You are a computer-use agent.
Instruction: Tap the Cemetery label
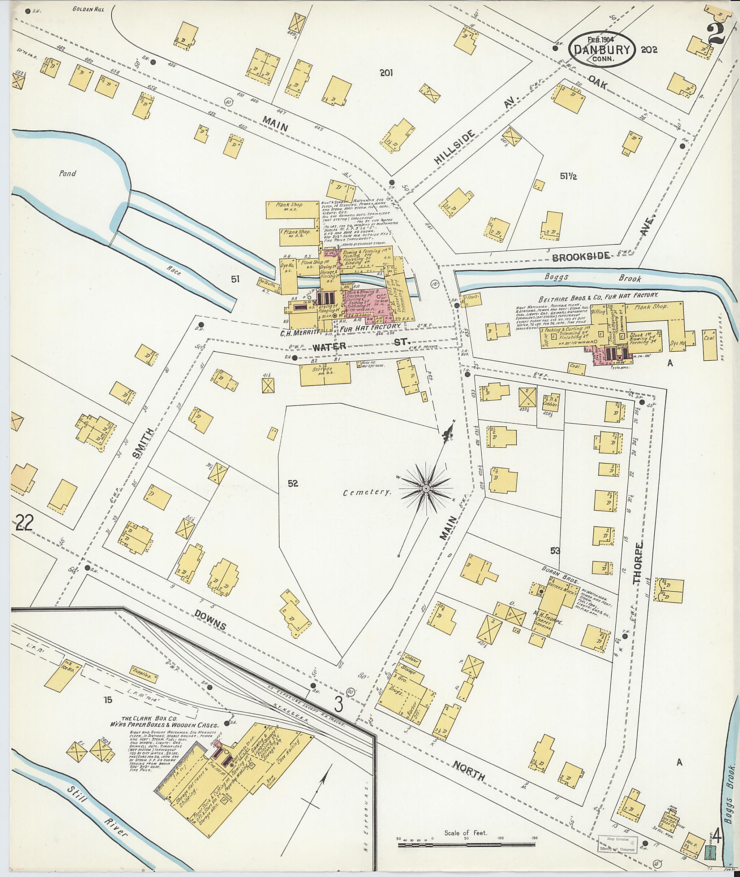point(367,492)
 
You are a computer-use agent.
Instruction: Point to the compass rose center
point(425,489)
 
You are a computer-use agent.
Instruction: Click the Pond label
point(67,173)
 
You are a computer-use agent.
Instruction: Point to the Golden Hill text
point(88,9)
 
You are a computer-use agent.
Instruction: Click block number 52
point(293,483)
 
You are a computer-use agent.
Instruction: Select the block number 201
point(386,73)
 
